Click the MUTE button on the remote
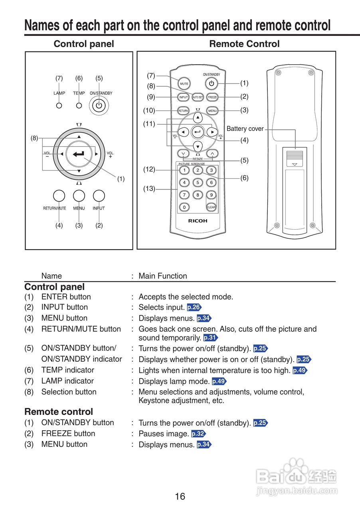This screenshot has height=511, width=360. coord(184,84)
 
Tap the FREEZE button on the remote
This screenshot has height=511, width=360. coord(212,97)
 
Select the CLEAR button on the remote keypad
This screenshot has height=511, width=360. coord(211,207)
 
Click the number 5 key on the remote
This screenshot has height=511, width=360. coord(198,182)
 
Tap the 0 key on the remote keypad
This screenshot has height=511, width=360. coord(184,207)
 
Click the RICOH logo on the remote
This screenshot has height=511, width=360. coord(198,221)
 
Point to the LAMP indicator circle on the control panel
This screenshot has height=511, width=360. coord(59,106)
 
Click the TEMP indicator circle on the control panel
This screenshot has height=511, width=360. coord(79,106)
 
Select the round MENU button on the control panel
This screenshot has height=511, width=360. coord(79,196)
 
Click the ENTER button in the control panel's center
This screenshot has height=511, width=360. coord(79,154)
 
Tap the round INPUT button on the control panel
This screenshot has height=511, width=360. coord(99,196)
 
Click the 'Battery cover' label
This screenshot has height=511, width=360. coord(245,129)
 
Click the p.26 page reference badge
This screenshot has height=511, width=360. coord(194,307)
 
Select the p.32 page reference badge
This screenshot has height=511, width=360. coord(198,434)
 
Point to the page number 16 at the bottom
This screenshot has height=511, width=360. coord(180,496)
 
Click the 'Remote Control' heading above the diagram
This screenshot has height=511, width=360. coord(244,44)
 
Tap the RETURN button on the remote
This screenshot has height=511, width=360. coord(183,111)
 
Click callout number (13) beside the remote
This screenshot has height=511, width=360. coord(149,189)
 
